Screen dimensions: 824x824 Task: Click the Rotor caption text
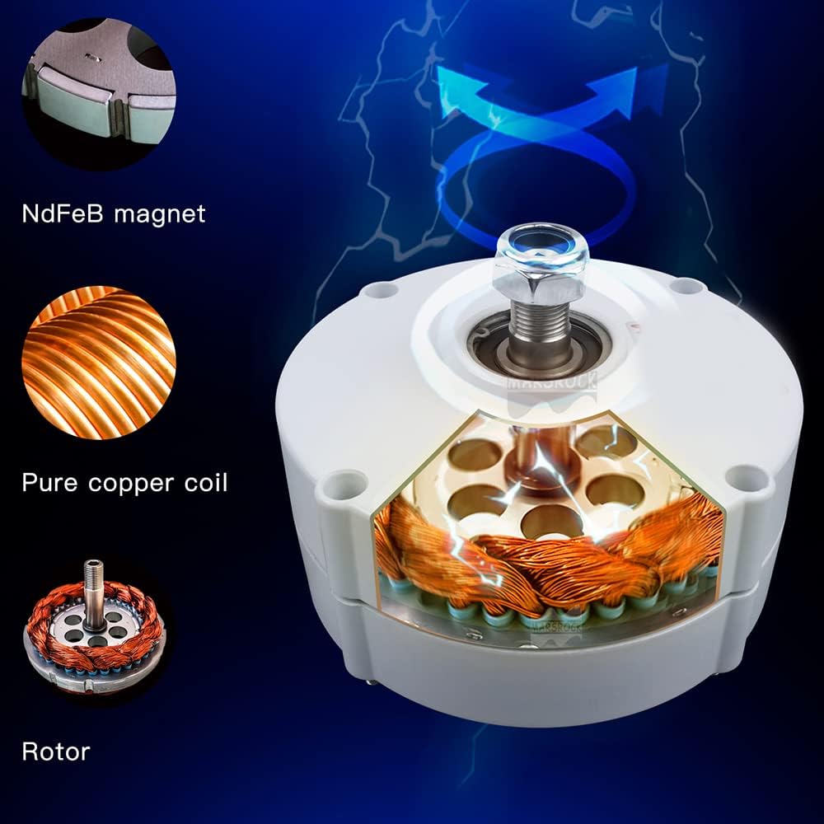56,751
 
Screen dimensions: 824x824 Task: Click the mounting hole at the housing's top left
381,290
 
